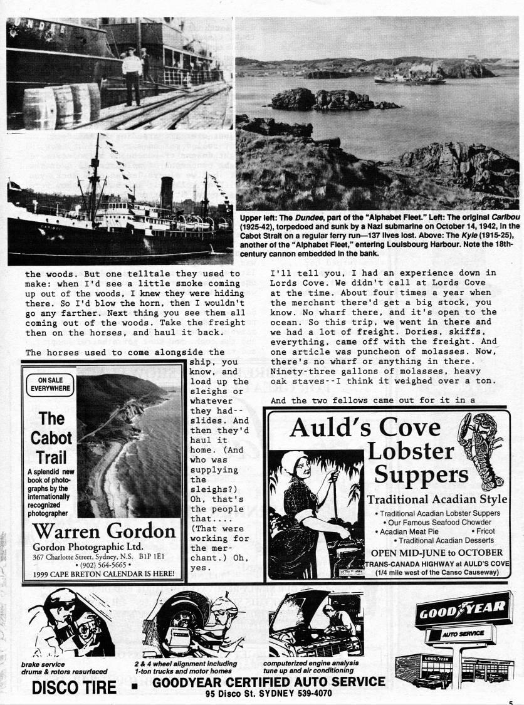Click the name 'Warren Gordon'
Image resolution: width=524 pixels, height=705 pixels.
(104, 531)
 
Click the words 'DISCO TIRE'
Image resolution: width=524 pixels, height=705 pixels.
(74, 687)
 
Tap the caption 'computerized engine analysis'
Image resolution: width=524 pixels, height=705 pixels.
(310, 664)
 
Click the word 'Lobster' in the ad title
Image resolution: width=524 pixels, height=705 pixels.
(411, 451)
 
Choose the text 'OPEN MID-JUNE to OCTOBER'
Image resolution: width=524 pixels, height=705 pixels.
(436, 553)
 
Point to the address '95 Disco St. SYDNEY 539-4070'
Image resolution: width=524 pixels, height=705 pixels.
(270, 694)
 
